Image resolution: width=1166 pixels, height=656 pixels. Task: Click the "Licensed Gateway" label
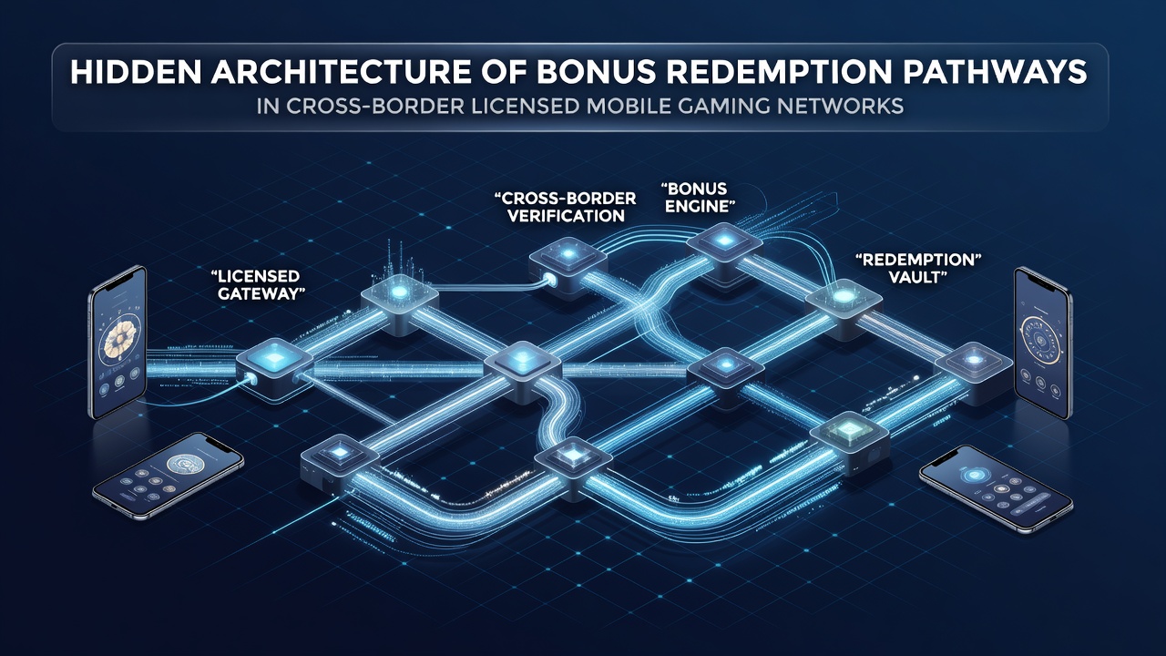257,284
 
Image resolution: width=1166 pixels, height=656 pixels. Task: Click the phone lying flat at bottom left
169,475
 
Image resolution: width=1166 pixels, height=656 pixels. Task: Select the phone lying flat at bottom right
996,487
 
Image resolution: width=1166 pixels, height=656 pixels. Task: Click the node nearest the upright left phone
274,368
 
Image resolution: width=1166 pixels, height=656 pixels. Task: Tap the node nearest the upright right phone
972,372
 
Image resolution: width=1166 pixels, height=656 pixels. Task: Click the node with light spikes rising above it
399,303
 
